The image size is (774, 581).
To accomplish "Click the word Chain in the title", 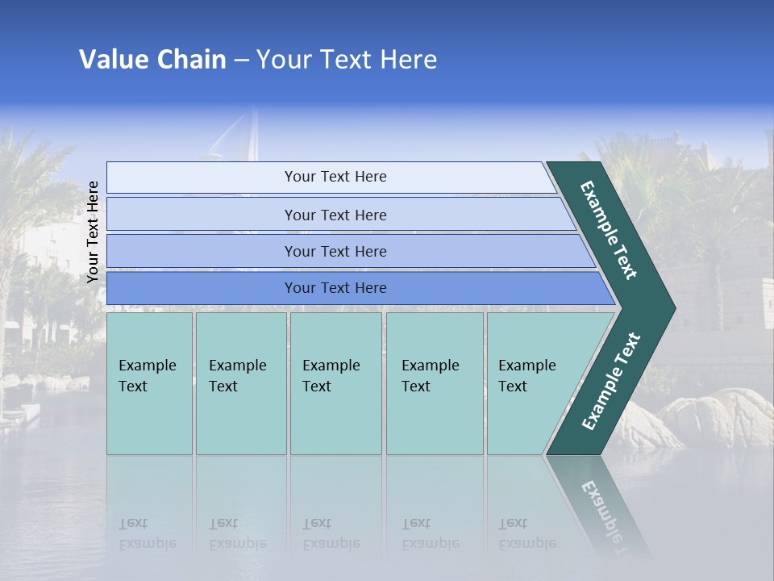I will (x=191, y=60).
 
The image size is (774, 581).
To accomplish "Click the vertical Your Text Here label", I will (x=93, y=232).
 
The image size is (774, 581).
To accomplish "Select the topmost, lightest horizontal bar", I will (x=335, y=177).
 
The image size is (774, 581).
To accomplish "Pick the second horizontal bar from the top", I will (x=335, y=215).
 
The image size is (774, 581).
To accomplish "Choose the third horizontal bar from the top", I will (x=335, y=251).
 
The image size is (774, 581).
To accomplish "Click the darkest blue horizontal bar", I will (x=335, y=288).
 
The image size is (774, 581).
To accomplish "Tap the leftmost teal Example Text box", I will (x=149, y=383).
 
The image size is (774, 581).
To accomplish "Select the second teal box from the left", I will (x=240, y=383).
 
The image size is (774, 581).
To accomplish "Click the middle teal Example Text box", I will (x=335, y=383).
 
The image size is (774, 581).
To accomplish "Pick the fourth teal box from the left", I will (x=434, y=383).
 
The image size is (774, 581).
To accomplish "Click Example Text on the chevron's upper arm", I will (x=609, y=230).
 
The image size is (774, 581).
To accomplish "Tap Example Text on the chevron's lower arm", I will (x=611, y=382).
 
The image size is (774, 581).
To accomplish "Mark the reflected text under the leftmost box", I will (x=147, y=533).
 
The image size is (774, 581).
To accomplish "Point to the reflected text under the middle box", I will (x=331, y=533).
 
